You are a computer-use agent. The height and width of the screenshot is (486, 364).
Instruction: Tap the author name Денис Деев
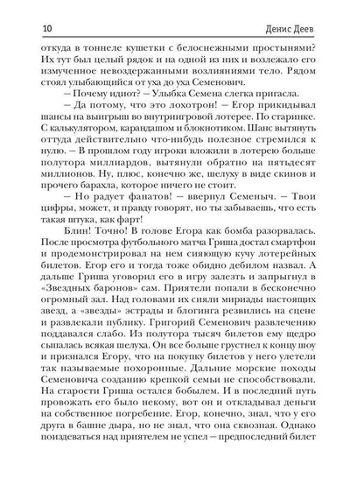pos(311,12)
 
